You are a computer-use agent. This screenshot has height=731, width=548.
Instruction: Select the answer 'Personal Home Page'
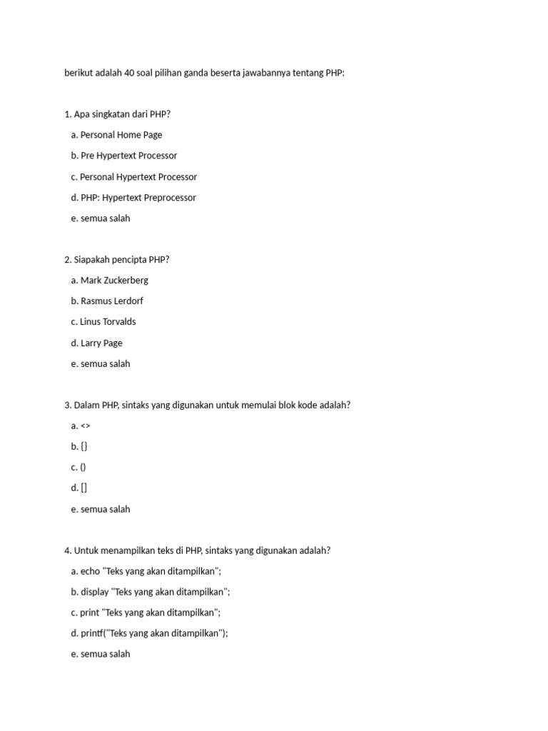(121, 135)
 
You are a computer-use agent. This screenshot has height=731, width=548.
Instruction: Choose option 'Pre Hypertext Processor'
(128, 156)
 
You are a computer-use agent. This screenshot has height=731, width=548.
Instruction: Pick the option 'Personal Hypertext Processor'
(138, 177)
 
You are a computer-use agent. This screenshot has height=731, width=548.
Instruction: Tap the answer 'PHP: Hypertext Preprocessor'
(138, 198)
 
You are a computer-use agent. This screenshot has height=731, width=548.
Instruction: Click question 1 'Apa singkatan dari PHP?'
(122, 114)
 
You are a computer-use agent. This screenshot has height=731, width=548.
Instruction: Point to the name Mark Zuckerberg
(114, 281)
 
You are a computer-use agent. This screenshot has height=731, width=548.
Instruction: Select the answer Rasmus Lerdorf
(112, 301)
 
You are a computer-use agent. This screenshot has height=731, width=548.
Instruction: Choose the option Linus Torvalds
(108, 322)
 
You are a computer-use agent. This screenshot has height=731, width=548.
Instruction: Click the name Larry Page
(101, 343)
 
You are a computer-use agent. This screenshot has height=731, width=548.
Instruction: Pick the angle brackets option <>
(86, 426)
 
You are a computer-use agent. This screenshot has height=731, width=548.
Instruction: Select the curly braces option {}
(84, 447)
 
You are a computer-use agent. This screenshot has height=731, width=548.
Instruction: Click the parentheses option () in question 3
(83, 468)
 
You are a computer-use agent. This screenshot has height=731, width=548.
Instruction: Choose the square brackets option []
(84, 488)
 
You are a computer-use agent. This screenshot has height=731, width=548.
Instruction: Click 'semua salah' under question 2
(105, 364)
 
